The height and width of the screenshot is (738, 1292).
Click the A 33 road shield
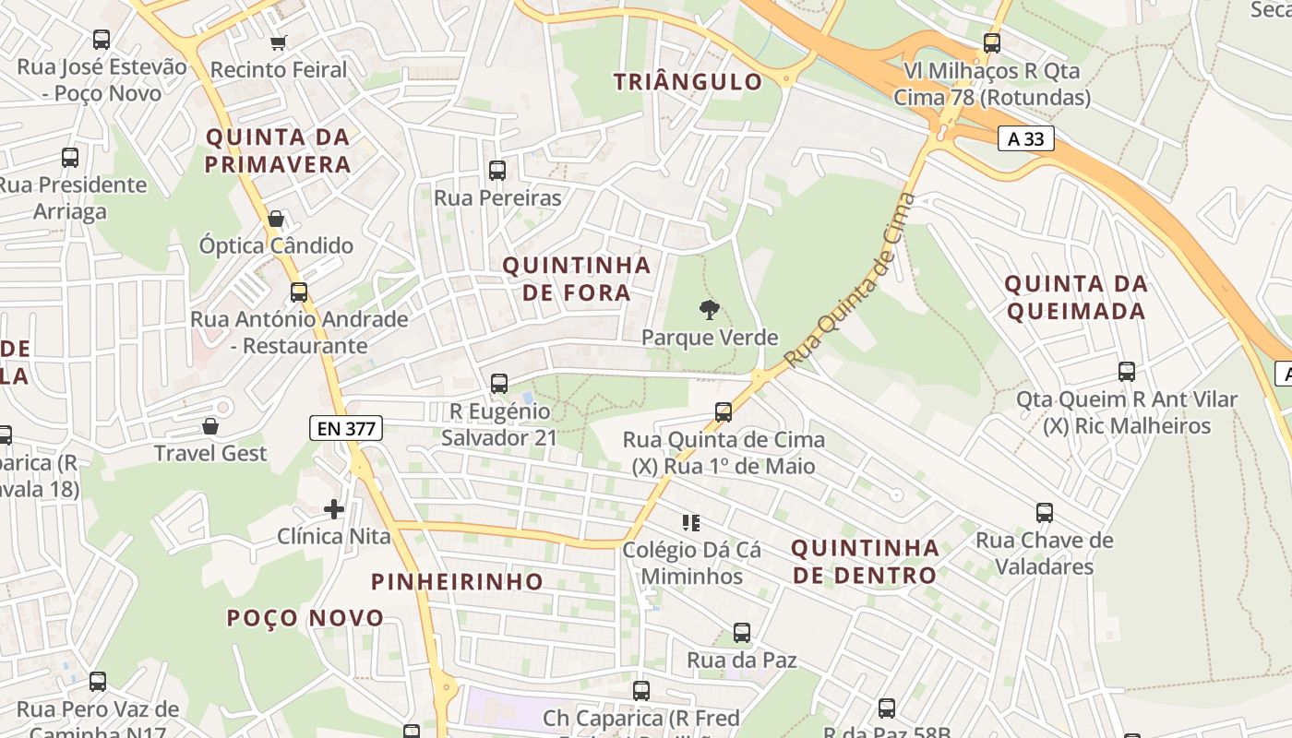pyautogui.click(x=1025, y=138)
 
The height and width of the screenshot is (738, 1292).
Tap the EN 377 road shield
pyautogui.click(x=345, y=428)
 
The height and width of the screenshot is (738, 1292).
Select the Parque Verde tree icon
pyautogui.click(x=710, y=310)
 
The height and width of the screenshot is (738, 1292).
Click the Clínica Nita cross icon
pyautogui.click(x=334, y=508)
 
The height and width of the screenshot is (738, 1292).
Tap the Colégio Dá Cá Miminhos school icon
pyautogui.click(x=691, y=523)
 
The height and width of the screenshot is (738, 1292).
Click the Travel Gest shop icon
pyautogui.click(x=210, y=426)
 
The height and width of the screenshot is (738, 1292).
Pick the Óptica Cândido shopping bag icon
pyautogui.click(x=275, y=219)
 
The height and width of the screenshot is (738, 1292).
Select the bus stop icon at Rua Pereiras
pyautogui.click(x=497, y=170)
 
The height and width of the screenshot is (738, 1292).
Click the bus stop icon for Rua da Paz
pyautogui.click(x=742, y=633)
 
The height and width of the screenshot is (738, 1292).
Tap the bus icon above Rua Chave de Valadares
pyautogui.click(x=1045, y=513)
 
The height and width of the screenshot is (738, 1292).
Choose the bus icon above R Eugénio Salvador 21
pyautogui.click(x=499, y=383)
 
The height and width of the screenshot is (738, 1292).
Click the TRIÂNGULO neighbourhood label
pyautogui.click(x=688, y=81)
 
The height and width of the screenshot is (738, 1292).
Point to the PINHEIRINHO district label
pyautogui.click(x=457, y=581)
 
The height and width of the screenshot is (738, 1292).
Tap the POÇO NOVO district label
pyautogui.click(x=305, y=617)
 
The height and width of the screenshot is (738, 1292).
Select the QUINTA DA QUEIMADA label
pyautogui.click(x=1076, y=297)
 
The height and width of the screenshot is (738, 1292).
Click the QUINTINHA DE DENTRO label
pyautogui.click(x=865, y=561)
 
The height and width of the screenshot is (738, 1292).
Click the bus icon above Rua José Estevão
pyautogui.click(x=102, y=40)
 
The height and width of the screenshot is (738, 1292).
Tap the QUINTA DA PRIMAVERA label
pyautogui.click(x=278, y=150)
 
